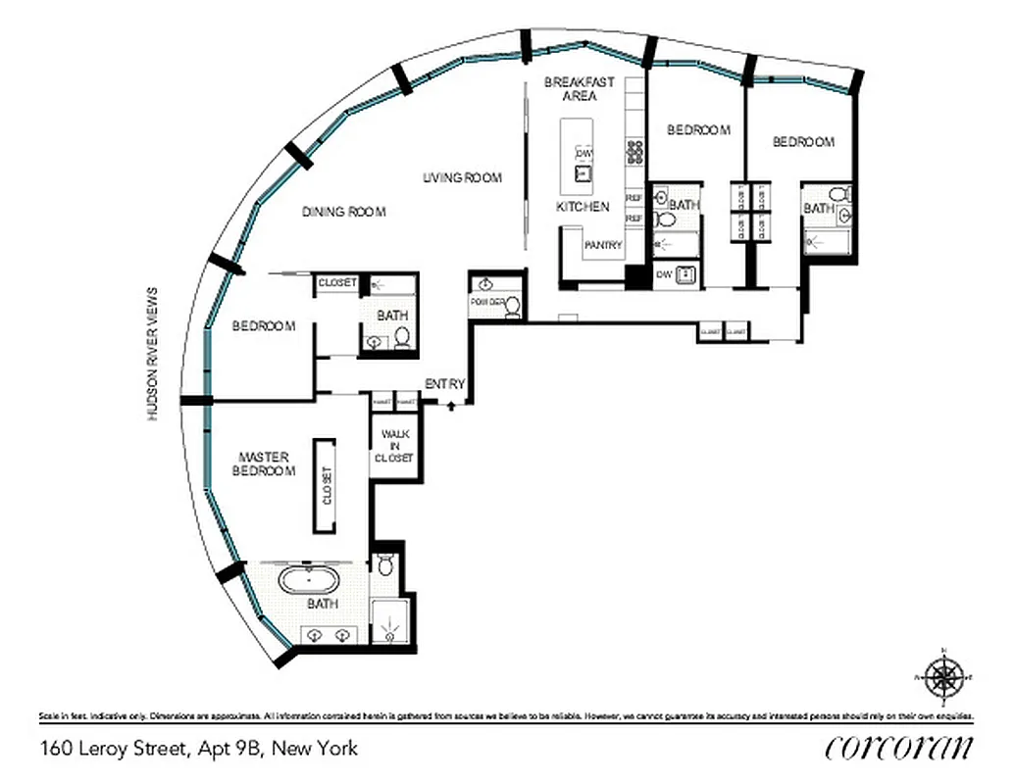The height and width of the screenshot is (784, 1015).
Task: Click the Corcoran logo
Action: [x=899, y=747]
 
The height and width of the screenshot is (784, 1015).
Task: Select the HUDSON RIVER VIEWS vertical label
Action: [x=152, y=354]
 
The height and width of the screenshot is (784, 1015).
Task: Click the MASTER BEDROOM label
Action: [x=263, y=464]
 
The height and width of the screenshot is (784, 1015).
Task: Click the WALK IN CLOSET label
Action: [x=396, y=446]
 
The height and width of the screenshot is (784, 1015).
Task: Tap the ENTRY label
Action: [x=444, y=384]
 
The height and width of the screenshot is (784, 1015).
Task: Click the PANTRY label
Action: [x=602, y=245]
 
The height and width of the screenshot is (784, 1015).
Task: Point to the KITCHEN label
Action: [x=583, y=207]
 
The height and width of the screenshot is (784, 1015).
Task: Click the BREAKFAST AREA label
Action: [x=580, y=89]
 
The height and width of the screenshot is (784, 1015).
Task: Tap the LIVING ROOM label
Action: [x=462, y=177]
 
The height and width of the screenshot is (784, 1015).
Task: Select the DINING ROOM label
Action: [x=343, y=212]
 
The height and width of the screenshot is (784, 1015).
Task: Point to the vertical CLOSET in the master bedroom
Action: [x=327, y=486]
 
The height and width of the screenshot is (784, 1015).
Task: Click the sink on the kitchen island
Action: [x=583, y=173]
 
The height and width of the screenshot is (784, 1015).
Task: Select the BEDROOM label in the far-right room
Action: [x=803, y=142]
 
